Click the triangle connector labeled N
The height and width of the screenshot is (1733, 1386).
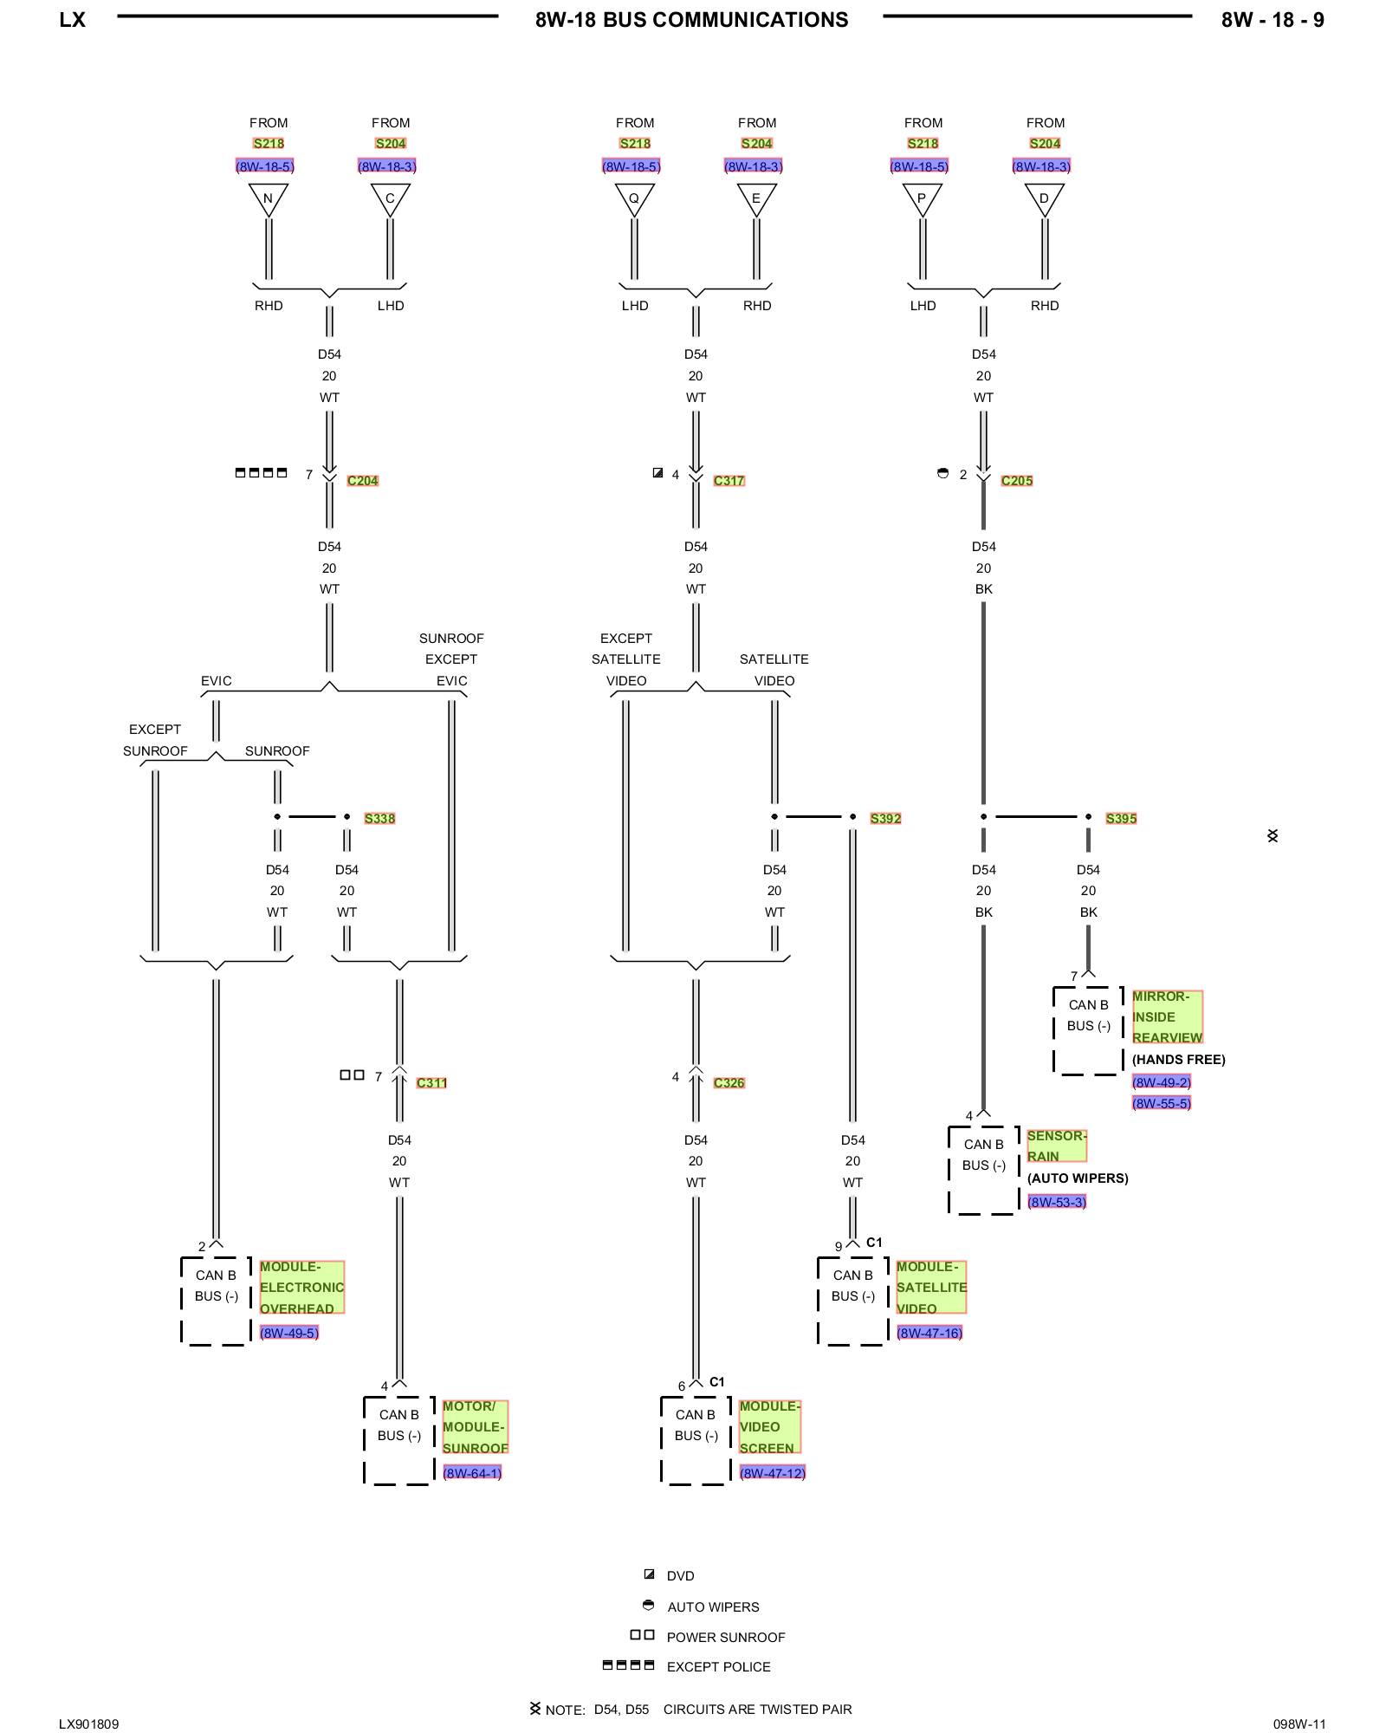pyautogui.click(x=268, y=198)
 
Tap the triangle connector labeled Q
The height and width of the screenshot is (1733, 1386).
pyautogui.click(x=634, y=198)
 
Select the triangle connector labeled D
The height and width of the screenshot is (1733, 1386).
pyautogui.click(x=1044, y=198)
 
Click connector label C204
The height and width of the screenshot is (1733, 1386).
pyautogui.click(x=362, y=481)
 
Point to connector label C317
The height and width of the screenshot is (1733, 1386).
pyautogui.click(x=729, y=481)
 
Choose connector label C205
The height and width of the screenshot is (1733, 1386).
pyautogui.click(x=1016, y=481)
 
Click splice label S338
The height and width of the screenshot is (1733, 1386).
pyautogui.click(x=379, y=818)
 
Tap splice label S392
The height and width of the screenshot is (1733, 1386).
pyautogui.click(x=885, y=818)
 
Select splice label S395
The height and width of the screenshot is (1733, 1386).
pyautogui.click(x=1121, y=818)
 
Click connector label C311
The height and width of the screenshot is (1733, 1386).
pyautogui.click(x=431, y=1083)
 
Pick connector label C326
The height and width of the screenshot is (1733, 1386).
pyautogui.click(x=729, y=1083)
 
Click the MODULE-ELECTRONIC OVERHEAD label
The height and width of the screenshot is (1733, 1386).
pyautogui.click(x=301, y=1287)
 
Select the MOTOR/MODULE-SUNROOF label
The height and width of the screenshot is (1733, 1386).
pyautogui.click(x=475, y=1426)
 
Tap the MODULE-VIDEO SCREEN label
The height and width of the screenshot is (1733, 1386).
pyautogui.click(x=769, y=1426)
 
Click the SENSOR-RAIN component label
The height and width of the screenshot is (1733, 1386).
pyautogui.click(x=1056, y=1146)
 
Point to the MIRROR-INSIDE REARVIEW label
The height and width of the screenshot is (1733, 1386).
pyautogui.click(x=1167, y=1016)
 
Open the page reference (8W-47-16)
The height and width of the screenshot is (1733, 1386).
pyautogui.click(x=929, y=1333)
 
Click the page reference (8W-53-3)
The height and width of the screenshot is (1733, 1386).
pyautogui.click(x=1056, y=1202)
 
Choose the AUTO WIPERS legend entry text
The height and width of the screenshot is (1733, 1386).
pyautogui.click(x=713, y=1606)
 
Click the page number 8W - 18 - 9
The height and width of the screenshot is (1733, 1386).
pyautogui.click(x=1272, y=20)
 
